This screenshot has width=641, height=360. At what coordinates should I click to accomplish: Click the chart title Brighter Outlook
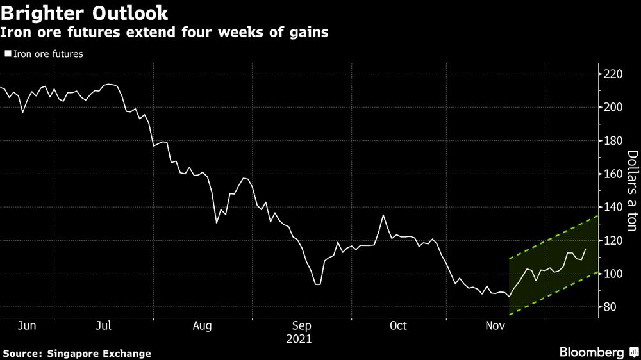point(85,12)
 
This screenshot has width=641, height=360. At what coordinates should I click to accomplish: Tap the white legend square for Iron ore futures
point(8,54)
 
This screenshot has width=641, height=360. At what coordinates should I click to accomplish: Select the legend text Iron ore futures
point(48,54)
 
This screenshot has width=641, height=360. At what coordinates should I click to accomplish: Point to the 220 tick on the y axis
point(613,74)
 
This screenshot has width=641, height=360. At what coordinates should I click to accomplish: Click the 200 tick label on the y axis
point(613,108)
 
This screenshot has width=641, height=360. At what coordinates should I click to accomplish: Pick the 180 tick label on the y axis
point(613,141)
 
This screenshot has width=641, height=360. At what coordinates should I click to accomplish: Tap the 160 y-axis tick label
point(613,174)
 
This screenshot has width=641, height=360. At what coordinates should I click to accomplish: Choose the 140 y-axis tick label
point(613,208)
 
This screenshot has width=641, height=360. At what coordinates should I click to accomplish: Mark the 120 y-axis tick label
point(613,241)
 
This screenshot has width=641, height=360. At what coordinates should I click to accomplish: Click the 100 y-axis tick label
point(613,274)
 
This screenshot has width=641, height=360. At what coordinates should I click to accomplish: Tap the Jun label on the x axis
point(27,326)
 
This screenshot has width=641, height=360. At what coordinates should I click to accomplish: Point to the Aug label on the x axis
point(202,326)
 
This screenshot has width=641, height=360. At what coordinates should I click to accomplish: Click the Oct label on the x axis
point(398,326)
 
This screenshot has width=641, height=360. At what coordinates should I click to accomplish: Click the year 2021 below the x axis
point(299,339)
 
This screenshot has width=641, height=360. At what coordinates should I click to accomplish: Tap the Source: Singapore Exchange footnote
point(77,353)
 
